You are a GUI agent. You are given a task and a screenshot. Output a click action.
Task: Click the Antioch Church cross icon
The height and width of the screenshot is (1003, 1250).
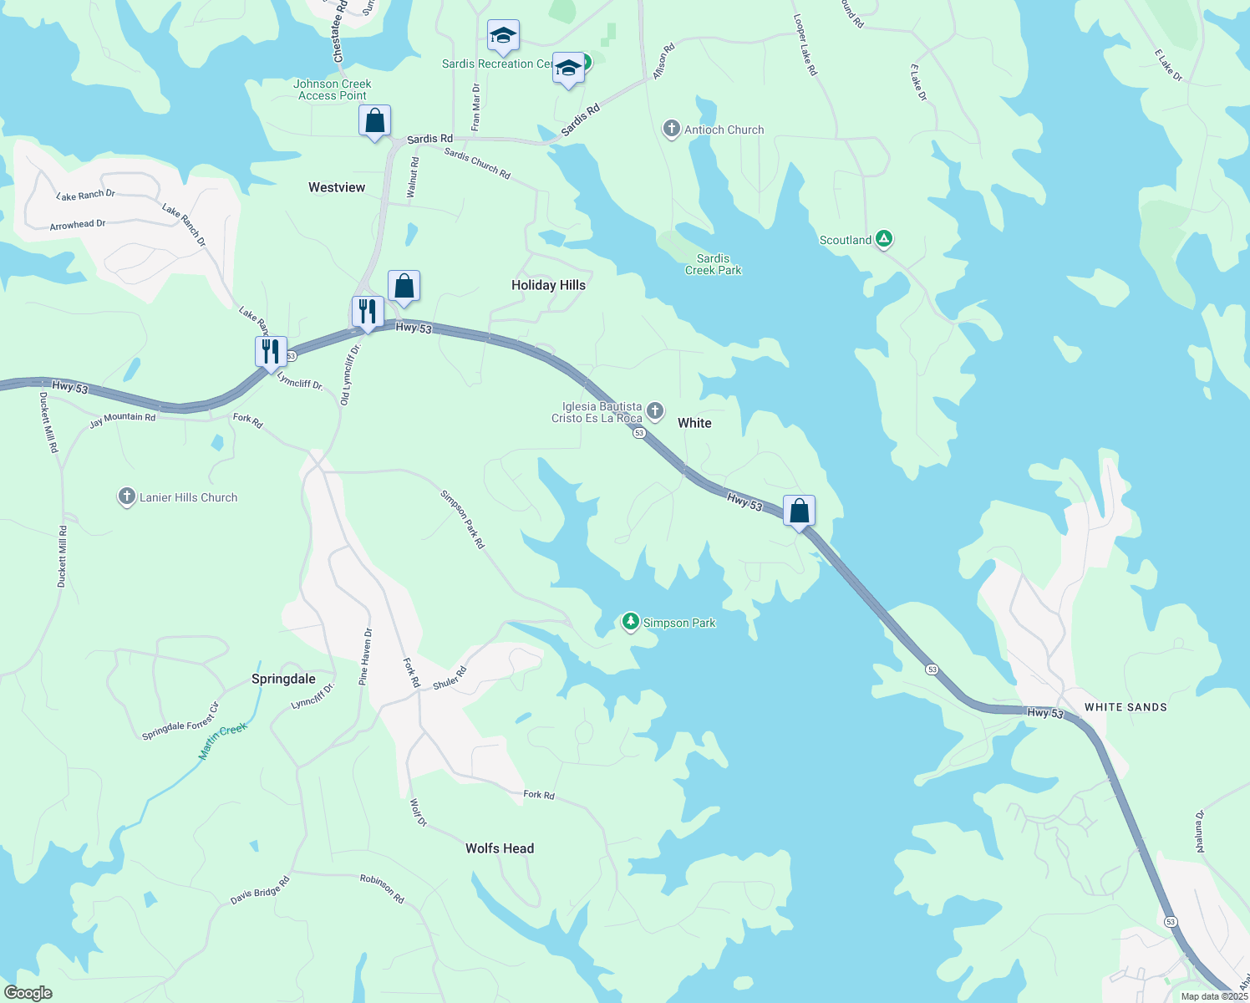pos(671,129)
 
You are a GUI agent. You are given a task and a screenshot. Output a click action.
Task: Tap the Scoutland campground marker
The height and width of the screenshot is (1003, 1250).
pos(884,240)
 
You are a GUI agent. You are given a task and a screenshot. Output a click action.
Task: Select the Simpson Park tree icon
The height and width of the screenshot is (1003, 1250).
pos(631,622)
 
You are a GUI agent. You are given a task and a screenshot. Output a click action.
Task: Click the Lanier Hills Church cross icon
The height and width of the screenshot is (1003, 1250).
pos(126,497)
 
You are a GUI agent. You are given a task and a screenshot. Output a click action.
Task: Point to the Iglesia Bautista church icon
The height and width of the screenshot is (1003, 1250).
pos(655,410)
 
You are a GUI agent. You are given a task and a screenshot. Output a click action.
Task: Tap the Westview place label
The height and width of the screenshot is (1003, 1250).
pos(337,187)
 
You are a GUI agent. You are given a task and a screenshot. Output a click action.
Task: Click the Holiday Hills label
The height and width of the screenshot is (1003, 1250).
pos(548,285)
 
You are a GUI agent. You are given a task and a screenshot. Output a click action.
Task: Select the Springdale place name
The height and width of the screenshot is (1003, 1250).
pos(283,679)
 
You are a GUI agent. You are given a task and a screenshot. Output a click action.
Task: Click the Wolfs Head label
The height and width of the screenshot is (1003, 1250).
pos(500,848)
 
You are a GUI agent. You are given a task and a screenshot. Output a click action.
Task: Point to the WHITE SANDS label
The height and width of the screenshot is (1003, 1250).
pos(1126,707)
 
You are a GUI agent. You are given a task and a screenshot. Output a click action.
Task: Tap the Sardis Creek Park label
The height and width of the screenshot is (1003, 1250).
pos(713,264)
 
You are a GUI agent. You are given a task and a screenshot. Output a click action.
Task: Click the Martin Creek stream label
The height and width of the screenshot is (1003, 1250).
pos(223,741)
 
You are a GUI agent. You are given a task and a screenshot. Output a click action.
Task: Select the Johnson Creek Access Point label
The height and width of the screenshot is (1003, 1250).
pos(333,89)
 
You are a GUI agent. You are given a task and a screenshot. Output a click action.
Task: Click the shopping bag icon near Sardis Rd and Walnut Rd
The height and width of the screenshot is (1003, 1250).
pos(375,121)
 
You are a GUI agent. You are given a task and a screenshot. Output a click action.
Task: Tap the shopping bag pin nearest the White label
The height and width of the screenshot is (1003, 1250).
pos(799,511)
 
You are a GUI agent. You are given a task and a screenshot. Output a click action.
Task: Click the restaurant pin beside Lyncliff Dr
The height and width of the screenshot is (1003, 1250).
pos(271,351)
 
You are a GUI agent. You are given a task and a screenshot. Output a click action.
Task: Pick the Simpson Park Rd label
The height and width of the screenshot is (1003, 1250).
pos(462,519)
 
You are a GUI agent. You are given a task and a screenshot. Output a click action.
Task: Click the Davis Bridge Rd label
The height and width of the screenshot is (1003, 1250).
pos(260,891)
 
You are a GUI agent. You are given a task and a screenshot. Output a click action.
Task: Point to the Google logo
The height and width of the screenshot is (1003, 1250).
pos(28,993)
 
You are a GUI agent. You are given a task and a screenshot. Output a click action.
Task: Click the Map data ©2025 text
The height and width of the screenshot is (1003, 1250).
pos(1214,996)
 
